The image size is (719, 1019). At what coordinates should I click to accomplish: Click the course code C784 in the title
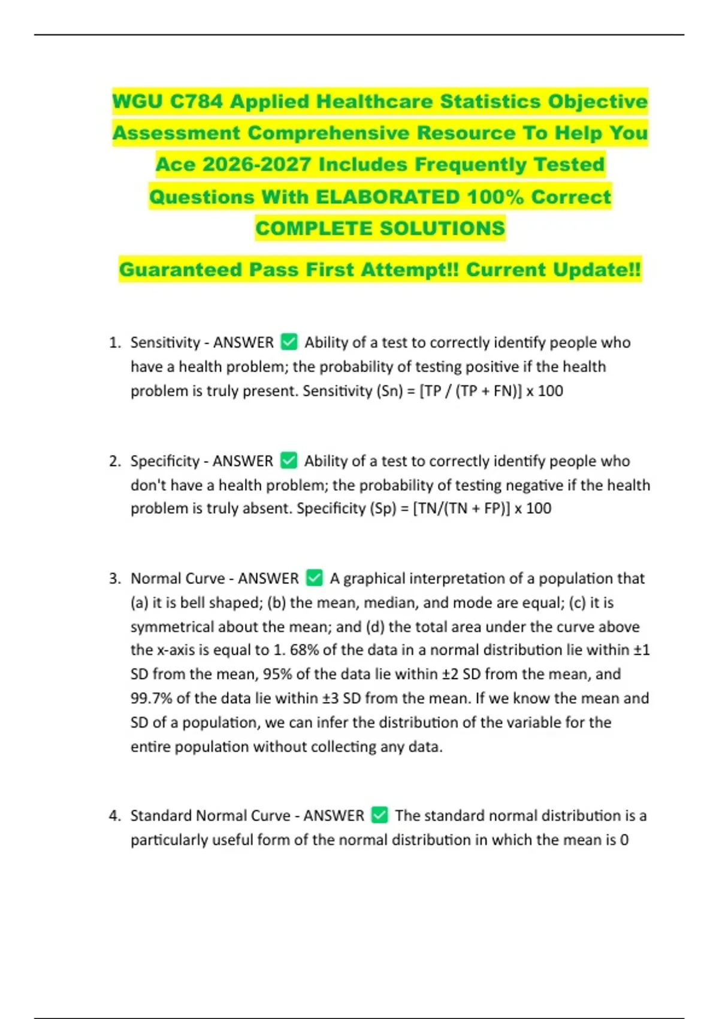197,101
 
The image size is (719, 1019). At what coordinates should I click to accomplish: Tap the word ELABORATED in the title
388,197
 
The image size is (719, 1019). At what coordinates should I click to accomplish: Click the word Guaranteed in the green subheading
180,270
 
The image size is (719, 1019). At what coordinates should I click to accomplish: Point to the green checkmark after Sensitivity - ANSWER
289,342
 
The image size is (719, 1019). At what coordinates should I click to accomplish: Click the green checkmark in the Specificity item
289,460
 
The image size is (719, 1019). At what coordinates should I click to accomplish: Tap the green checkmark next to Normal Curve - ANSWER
314,578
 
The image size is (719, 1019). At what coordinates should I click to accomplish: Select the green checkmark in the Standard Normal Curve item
380,815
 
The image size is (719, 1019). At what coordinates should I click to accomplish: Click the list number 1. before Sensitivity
115,343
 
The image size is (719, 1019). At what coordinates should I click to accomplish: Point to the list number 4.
115,816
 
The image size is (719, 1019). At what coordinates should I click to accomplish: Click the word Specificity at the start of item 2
165,461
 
